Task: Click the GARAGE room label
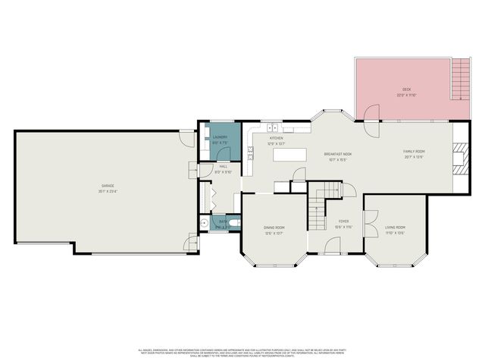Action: coord(108,185)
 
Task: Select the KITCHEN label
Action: coord(277,138)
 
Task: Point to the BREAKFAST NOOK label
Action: coord(337,154)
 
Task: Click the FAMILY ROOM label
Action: coord(413,152)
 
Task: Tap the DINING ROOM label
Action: coord(274,227)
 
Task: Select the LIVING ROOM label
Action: coord(395,227)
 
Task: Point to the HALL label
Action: coord(224,166)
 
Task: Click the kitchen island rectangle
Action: coord(287,154)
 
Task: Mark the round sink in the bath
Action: coord(204,223)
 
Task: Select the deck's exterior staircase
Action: coord(460,78)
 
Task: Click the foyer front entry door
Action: coord(333,245)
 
